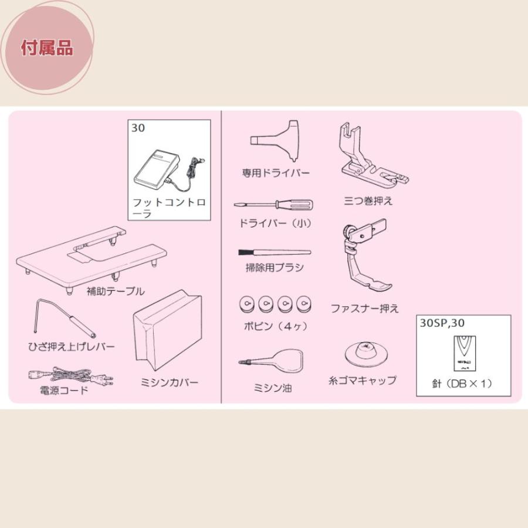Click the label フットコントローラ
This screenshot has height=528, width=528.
coord(170,208)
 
